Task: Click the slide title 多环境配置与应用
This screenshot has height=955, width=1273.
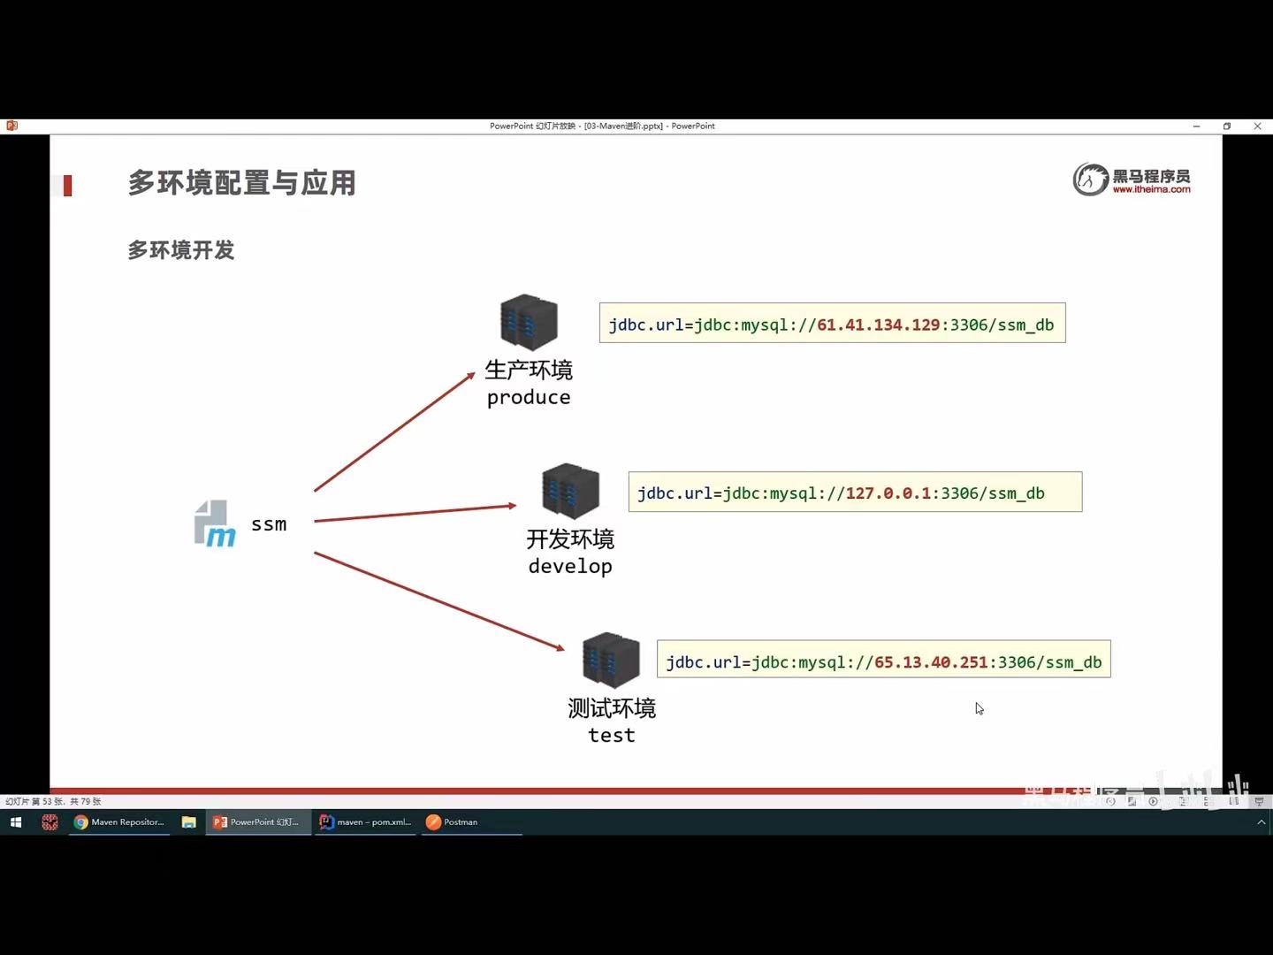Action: pyautogui.click(x=241, y=183)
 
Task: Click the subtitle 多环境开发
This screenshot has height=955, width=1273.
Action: pyautogui.click(x=180, y=250)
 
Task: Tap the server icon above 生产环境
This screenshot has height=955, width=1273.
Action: pyautogui.click(x=529, y=322)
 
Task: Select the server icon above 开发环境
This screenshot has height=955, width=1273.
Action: pyautogui.click(x=570, y=491)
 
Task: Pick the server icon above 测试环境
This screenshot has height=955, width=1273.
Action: pyautogui.click(x=611, y=660)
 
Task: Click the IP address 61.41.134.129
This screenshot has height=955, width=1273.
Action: pyautogui.click(x=878, y=325)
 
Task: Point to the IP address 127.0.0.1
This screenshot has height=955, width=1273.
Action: pyautogui.click(x=888, y=493)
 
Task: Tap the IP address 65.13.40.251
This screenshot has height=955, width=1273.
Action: pyautogui.click(x=931, y=662)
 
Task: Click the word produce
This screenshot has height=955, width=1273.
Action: pyautogui.click(x=529, y=398)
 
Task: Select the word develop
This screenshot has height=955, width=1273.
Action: pyautogui.click(x=570, y=567)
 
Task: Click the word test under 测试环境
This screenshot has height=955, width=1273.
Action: pyautogui.click(x=611, y=736)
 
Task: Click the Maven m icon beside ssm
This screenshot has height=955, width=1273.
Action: pyautogui.click(x=215, y=524)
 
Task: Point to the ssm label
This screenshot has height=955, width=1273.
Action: pyautogui.click(x=269, y=524)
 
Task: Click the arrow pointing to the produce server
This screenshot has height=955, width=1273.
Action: pyautogui.click(x=394, y=432)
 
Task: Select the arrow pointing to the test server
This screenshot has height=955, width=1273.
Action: pyautogui.click(x=438, y=601)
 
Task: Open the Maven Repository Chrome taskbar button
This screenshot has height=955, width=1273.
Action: pyautogui.click(x=119, y=822)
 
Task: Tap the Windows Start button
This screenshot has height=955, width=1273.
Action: pyautogui.click(x=16, y=822)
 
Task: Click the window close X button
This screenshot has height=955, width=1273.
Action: pyautogui.click(x=1257, y=126)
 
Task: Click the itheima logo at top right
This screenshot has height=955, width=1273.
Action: pyautogui.click(x=1132, y=180)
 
